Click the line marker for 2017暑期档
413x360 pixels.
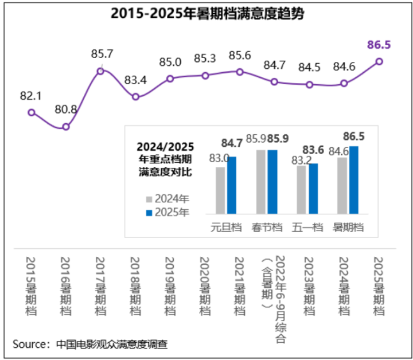(x=101, y=71)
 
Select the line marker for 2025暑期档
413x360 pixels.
(x=379, y=61)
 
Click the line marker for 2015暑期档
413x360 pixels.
(x=32, y=112)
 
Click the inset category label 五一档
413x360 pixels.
(x=307, y=228)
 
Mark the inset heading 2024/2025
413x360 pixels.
(x=166, y=146)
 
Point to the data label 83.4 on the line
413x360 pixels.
(x=135, y=80)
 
